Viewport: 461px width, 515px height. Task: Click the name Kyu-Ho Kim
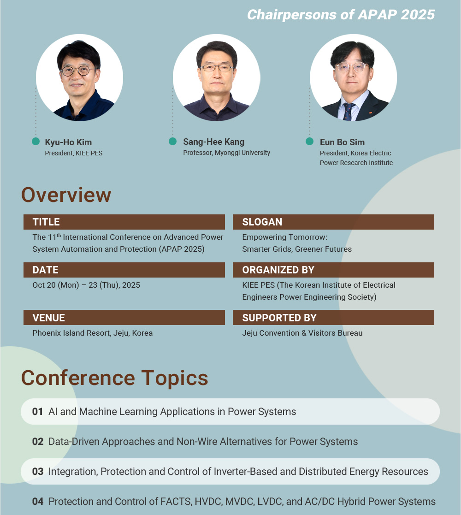68,142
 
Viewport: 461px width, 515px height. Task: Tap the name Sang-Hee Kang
214,142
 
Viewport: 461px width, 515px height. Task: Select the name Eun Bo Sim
342,142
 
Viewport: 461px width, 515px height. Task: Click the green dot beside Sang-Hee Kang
173,141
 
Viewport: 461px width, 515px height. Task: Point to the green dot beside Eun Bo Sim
309,141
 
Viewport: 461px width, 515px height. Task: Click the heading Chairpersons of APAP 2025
341,15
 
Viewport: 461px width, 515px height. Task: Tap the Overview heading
66,195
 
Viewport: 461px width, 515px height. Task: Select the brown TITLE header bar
124,222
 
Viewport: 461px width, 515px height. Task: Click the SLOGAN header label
262,222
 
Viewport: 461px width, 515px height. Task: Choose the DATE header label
45,270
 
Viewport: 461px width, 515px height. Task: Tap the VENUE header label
48,318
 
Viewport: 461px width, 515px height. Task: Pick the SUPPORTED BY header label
279,318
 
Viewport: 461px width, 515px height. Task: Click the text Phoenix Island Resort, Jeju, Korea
93,333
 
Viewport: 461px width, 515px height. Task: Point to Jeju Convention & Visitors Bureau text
302,333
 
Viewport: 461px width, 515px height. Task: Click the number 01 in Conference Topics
38,412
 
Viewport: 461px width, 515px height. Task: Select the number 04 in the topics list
38,502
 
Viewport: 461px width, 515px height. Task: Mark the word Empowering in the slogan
264,237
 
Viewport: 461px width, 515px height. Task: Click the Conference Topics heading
115,378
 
